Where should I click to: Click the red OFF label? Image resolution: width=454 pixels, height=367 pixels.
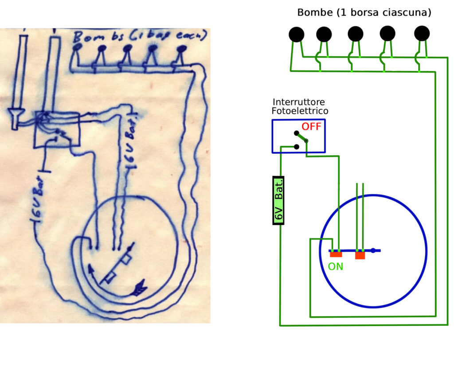pos(311,127)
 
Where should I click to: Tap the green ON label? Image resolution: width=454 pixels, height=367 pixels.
pos(335,266)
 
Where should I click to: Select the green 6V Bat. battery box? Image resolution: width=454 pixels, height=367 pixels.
pos(278,200)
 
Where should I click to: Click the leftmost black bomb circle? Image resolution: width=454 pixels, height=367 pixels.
pos(296,34)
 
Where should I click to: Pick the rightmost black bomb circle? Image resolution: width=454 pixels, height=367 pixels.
pos(422,33)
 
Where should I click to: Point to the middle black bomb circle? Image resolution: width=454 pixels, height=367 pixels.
pos(356,34)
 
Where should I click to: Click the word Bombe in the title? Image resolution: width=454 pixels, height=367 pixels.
pos(315,12)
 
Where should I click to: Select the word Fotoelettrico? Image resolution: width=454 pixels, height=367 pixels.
pos(300,111)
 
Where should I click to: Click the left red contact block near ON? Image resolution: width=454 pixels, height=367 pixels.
pos(336,254)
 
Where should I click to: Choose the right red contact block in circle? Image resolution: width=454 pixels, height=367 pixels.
pos(360,255)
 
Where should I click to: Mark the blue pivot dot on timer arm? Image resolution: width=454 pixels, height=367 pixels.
pos(373,251)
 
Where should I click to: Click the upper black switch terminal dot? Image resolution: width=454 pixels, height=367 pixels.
pos(296,133)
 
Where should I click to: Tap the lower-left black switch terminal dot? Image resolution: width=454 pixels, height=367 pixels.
pos(296,147)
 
